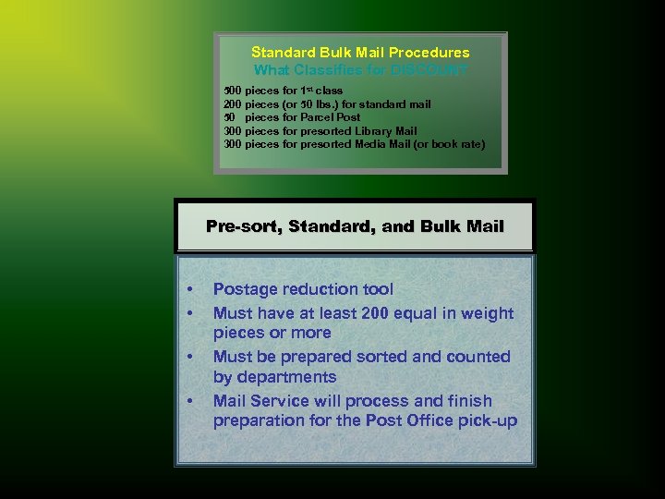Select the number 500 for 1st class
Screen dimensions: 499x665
(233, 91)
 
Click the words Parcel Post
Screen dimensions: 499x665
(330, 117)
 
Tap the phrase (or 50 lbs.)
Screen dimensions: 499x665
(310, 104)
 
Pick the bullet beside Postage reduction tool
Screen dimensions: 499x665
(188, 290)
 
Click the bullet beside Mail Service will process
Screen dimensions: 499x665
(188, 401)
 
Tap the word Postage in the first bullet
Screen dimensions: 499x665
(244, 290)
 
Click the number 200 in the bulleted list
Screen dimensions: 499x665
(375, 313)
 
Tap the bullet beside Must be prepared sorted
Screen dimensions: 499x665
(188, 357)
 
